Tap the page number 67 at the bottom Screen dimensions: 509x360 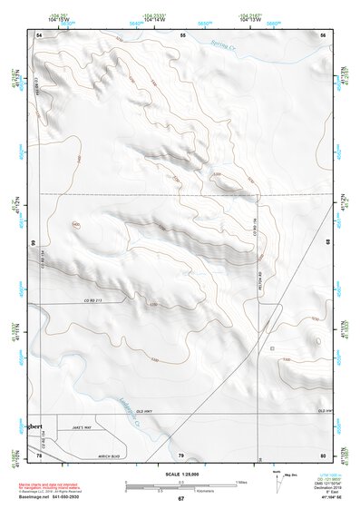181,500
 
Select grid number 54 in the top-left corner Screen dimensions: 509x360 40,34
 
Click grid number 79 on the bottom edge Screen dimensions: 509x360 181,454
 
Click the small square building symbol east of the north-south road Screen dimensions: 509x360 272,347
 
